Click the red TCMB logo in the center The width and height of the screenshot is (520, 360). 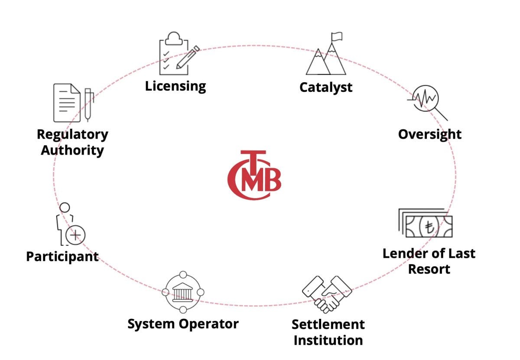tap(254, 175)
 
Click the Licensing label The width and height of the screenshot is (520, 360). tap(175, 86)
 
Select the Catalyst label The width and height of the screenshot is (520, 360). tap(326, 87)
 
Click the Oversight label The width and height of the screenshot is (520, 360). tap(430, 134)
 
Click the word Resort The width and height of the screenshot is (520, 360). tap(429, 269)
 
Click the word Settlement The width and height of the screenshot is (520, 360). tap(328, 324)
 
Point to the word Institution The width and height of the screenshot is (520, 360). tap(328, 340)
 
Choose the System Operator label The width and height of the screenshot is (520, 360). tap(183, 324)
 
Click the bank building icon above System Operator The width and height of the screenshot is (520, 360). tap(183, 292)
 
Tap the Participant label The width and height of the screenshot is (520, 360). tap(62, 256)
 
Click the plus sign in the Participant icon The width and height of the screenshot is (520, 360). tap(76, 235)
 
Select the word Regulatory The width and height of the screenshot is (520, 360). tap(72, 135)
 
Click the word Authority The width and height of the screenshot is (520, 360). tap(72, 150)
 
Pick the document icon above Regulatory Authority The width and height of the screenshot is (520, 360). tap(67, 103)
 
